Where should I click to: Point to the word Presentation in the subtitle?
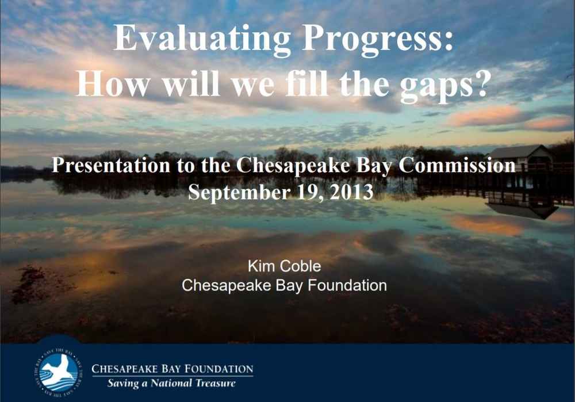[111, 165]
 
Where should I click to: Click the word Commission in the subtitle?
[457, 165]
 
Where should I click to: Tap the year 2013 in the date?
[351, 192]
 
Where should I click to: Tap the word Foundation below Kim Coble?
[347, 285]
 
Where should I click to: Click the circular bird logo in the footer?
[58, 372]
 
